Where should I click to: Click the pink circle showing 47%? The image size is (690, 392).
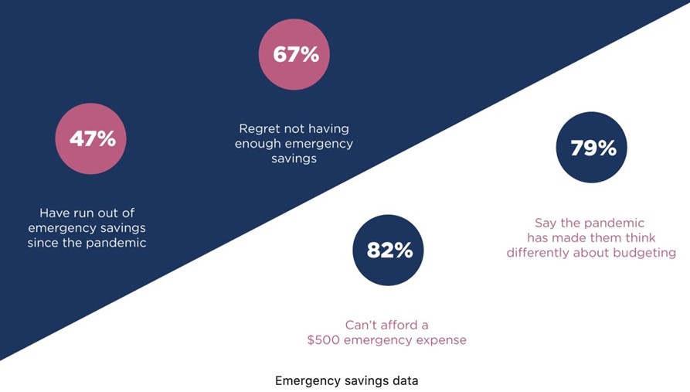click(90, 138)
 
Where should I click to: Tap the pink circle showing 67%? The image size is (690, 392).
click(294, 54)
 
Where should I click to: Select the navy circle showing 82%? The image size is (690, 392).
click(388, 251)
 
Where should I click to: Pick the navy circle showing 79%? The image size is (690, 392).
click(592, 148)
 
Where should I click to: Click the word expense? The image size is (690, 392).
click(442, 340)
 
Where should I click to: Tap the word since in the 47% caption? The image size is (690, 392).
click(43, 242)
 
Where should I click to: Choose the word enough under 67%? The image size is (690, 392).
click(257, 144)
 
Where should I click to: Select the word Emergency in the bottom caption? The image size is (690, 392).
click(304, 380)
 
